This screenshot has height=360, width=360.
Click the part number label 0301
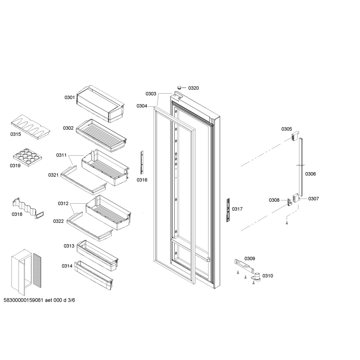[69, 97]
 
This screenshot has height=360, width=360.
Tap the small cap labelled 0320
[179, 86]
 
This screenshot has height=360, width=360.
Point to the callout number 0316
[142, 180]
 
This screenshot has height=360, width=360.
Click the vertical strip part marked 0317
[228, 210]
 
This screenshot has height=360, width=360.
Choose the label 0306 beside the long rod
[310, 174]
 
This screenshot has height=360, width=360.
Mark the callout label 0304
[142, 106]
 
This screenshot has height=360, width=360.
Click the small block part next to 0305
[295, 135]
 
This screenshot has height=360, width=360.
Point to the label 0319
[15, 165]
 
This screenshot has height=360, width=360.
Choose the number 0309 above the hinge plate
[250, 258]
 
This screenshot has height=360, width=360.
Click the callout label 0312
[63, 204]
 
